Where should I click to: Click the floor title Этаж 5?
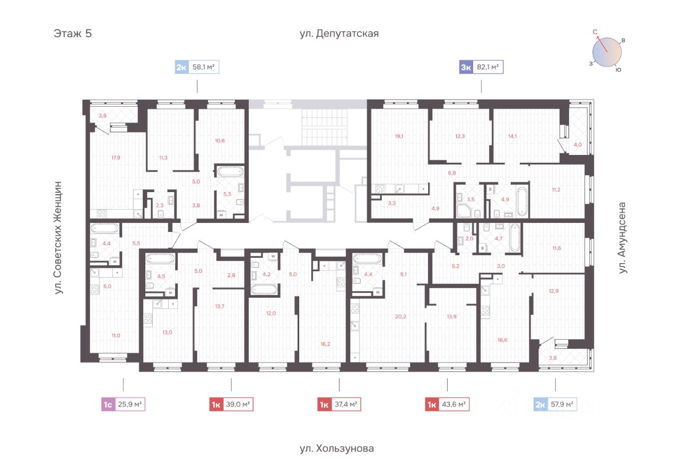coord(73,33)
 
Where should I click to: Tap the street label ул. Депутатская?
coord(339,33)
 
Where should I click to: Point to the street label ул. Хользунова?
coord(336,448)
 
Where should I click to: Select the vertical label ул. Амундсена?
coord(622,238)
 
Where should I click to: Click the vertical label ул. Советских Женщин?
coord(58,238)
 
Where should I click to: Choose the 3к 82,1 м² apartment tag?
coord(481,67)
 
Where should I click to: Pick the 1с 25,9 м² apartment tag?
coord(123,404)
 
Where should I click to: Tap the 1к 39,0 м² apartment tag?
coord(231,404)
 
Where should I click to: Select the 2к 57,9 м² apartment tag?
coord(555,404)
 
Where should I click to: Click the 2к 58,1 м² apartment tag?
coord(197,67)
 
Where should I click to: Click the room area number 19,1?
coord(399,136)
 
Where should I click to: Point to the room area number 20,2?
coord(401,316)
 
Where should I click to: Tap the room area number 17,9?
coord(116,158)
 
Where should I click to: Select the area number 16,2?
coord(325,344)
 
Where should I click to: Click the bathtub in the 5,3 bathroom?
coord(230,171)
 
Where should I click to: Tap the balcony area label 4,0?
coord(578,145)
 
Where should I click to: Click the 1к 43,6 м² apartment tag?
coord(447,404)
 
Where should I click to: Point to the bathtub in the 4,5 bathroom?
coord(160,259)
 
